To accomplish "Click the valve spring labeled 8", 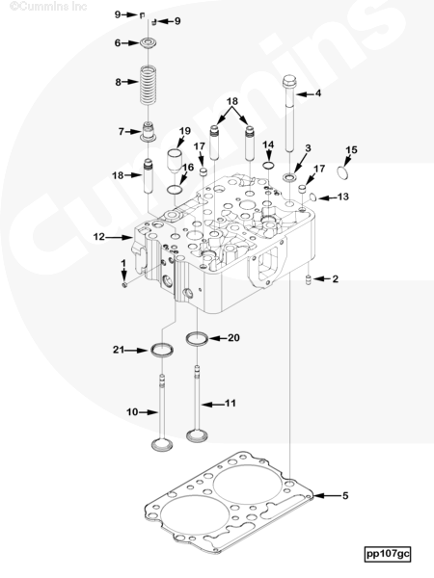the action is [149, 85].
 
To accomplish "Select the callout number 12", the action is [99, 237].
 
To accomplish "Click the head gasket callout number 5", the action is [345, 495].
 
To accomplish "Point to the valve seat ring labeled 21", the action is [162, 350].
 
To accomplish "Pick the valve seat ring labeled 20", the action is [197, 338].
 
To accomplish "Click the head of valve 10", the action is [162, 444].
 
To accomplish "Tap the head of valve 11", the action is [197, 435].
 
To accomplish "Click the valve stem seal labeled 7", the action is [148, 132].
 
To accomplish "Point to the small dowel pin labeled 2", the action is [309, 279].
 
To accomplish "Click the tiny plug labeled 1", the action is [124, 285].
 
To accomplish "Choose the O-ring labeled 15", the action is [342, 172].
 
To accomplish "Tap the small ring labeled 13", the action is [312, 197].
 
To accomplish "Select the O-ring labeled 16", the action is [175, 190].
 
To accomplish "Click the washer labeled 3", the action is [289, 178].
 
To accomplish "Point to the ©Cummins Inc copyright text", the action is [48, 6].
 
